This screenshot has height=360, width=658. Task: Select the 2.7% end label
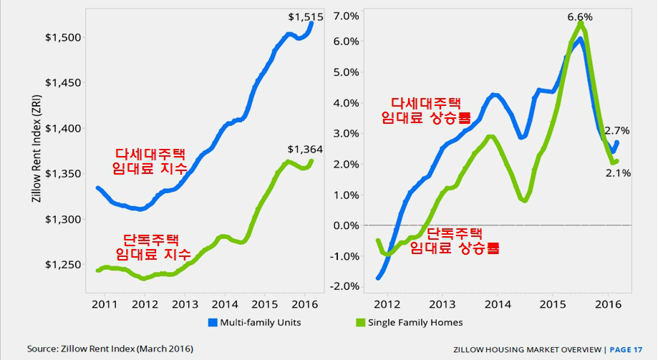tap(616, 130)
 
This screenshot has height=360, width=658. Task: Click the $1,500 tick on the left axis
tap(64, 37)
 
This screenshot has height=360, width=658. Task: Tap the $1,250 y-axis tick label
tap(64, 264)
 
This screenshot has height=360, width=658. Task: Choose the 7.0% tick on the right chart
tap(346, 16)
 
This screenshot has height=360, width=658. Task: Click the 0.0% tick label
tap(346, 225)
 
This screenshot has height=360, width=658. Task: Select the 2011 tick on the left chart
tap(105, 303)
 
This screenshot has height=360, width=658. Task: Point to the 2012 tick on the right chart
tap(387, 303)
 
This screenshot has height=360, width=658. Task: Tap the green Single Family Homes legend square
tap(361, 322)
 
